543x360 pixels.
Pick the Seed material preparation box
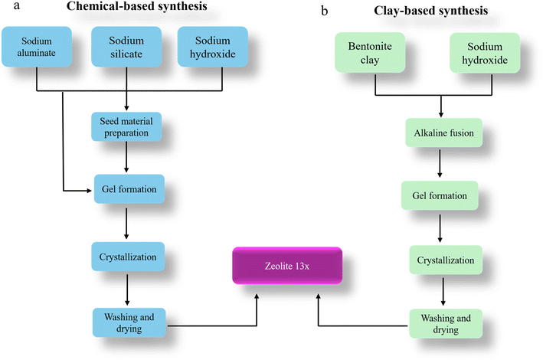pyautogui.click(x=126, y=126)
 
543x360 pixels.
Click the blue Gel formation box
pyautogui.click(x=125, y=188)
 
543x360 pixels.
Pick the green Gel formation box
pyautogui.click(x=439, y=195)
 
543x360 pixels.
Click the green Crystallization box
pyautogui.click(x=445, y=260)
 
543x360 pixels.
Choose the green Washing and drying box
pyautogui.click(x=445, y=323)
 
